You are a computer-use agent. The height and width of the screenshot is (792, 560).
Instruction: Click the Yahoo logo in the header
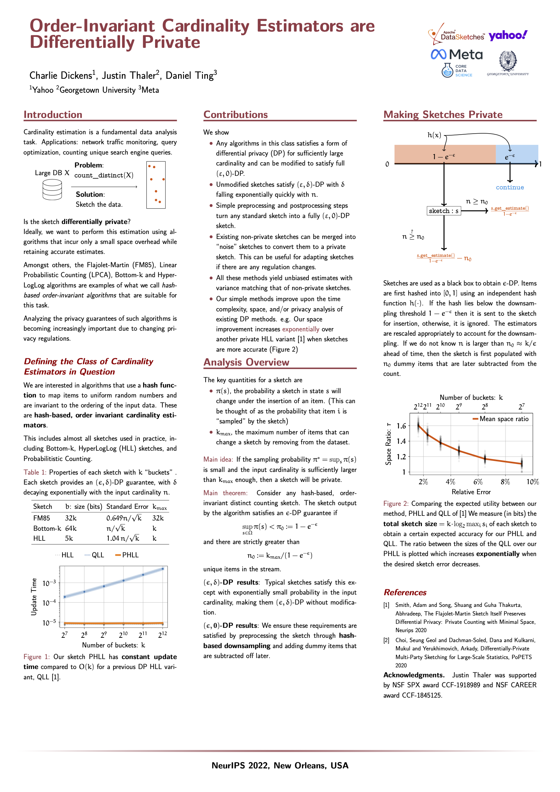[508, 35]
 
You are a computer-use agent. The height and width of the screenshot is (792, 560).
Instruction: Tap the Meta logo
[457, 55]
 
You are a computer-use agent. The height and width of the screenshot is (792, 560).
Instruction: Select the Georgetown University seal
[508, 61]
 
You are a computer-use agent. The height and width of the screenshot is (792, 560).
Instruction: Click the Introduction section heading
[53, 115]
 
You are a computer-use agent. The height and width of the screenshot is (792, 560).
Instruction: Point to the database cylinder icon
[52, 190]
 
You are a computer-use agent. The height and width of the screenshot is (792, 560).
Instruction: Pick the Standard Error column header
[127, 507]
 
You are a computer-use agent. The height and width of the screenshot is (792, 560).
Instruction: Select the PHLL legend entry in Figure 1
[127, 555]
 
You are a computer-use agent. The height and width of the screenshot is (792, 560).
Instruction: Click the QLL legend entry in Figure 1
[94, 555]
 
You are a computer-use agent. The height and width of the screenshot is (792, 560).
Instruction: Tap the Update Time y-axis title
[34, 597]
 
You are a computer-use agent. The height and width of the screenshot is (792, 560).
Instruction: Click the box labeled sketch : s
[444, 211]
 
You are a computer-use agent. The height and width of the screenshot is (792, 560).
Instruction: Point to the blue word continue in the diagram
[510, 187]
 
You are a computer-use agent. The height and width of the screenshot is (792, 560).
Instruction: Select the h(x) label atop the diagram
[434, 135]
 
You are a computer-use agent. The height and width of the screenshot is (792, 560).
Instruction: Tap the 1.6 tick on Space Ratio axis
[401, 426]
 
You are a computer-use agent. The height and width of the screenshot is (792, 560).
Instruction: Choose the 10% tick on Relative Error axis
[532, 482]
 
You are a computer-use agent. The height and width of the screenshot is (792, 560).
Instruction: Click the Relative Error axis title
[471, 492]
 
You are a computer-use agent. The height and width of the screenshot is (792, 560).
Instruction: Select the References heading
[405, 592]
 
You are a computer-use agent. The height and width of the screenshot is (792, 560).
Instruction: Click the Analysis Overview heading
[246, 362]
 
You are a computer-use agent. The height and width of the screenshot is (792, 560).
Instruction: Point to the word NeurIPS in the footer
[229, 766]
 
